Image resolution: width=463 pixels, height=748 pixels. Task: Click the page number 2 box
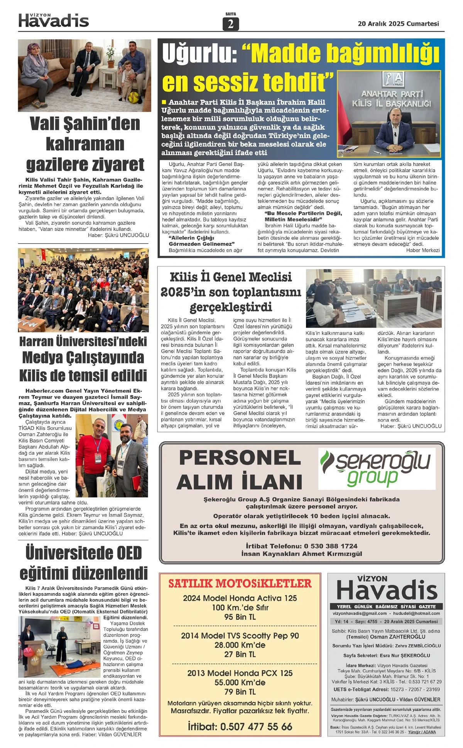point(231,24)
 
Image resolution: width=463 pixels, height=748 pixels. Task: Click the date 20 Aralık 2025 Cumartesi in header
point(398,24)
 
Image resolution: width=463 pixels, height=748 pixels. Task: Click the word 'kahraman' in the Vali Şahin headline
point(85,144)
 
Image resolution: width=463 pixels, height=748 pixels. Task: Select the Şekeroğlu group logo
point(377,468)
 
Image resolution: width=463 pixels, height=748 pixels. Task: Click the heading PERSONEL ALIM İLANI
point(240,470)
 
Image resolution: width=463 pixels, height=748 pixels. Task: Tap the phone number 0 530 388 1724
point(331,546)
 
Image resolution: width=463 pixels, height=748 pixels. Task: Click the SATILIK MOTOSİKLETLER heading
point(240,583)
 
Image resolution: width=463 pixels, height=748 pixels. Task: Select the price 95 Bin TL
point(240,617)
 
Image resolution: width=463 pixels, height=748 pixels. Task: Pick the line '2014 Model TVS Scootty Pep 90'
point(240,636)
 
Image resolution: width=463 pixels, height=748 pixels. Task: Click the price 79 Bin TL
point(240,692)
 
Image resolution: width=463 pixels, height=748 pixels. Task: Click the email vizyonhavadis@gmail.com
point(360,613)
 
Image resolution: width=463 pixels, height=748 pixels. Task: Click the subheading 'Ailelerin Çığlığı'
point(191,238)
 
